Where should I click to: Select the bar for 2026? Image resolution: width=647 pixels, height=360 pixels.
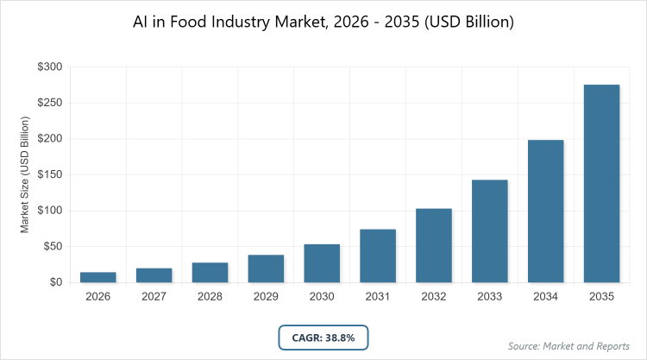(98, 277)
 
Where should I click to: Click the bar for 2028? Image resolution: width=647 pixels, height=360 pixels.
(210, 272)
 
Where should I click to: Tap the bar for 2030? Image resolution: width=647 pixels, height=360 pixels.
(322, 262)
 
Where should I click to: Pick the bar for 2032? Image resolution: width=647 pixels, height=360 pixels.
(434, 245)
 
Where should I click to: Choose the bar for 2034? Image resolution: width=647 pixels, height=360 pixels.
(546, 211)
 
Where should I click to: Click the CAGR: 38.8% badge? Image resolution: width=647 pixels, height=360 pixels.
(323, 336)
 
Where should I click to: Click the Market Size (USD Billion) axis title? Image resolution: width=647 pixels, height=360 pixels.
(25, 174)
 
